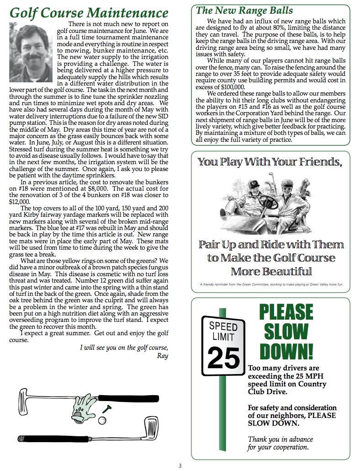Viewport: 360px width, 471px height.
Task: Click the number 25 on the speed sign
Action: pos(223,358)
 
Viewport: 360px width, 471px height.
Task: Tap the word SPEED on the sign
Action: pos(223,326)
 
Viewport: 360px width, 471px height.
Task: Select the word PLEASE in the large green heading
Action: pos(286,312)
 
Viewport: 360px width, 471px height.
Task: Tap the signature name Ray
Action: pos(162,356)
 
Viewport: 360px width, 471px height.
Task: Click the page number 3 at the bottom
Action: pos(180,466)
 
